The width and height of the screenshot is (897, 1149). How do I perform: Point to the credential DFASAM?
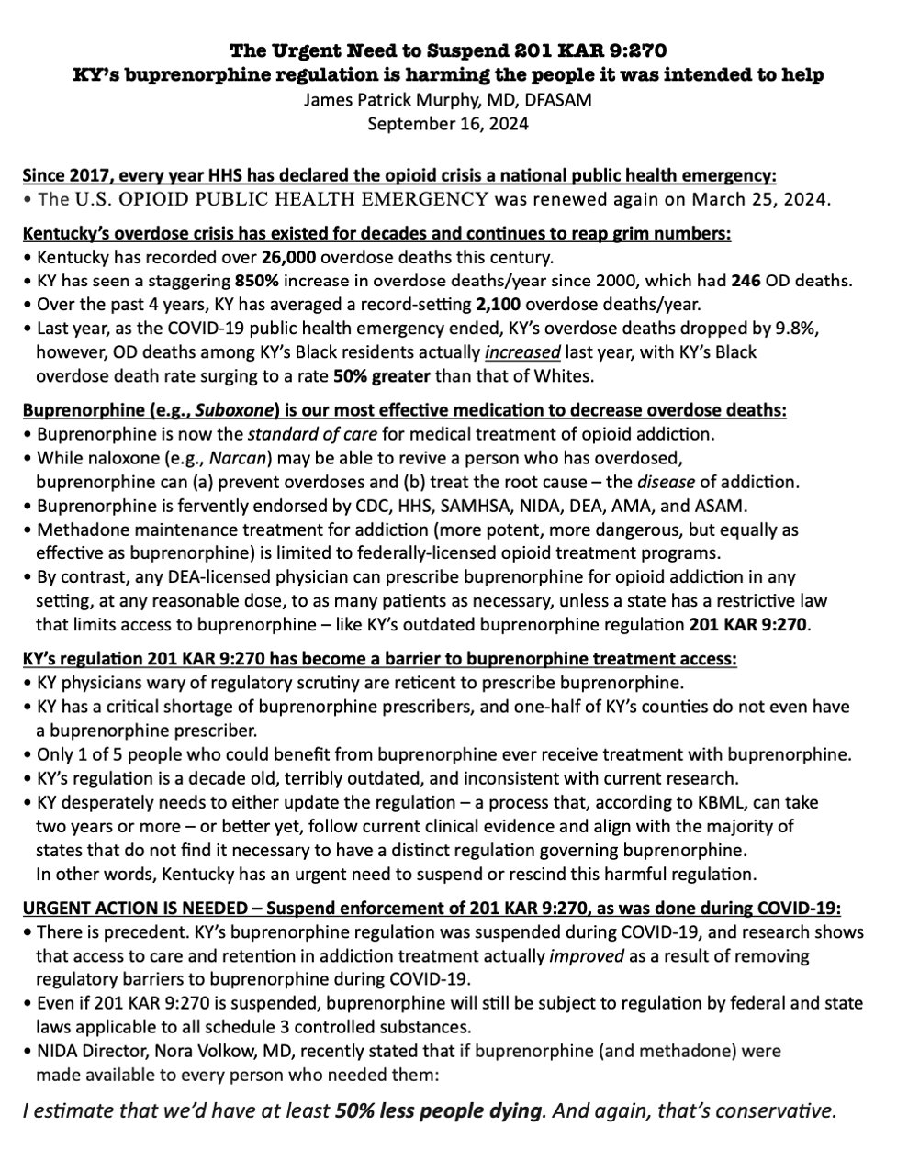click(x=558, y=99)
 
